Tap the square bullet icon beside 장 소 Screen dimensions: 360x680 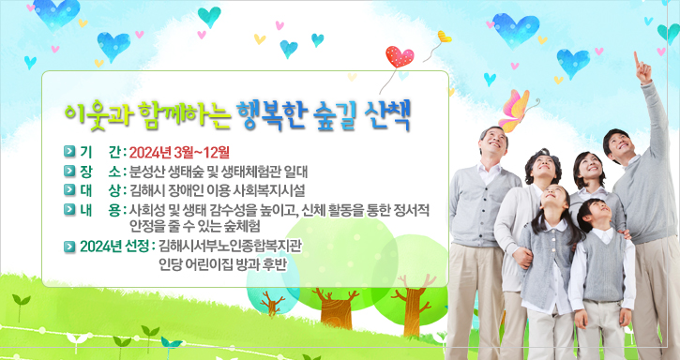click(x=68, y=172)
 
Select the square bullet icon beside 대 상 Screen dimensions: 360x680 click(x=68, y=190)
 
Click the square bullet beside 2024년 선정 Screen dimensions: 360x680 click(x=68, y=247)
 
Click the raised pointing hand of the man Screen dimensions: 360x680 click(x=641, y=64)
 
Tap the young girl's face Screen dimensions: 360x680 click(x=552, y=203)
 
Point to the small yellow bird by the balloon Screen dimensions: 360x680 click(x=443, y=37)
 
